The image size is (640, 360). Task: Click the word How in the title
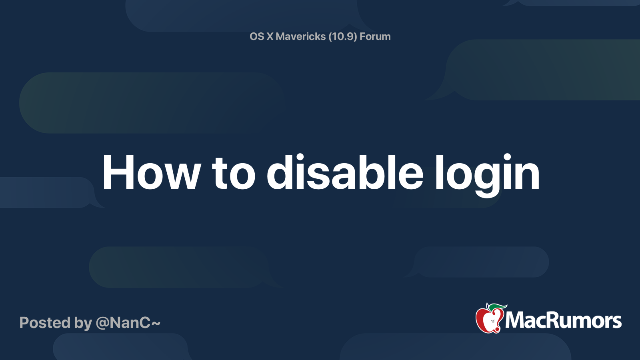pyautogui.click(x=151, y=173)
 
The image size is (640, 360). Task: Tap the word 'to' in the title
pyautogui.click(x=234, y=173)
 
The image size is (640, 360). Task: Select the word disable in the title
pyautogui.click(x=345, y=173)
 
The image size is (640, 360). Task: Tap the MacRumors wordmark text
pyautogui.click(x=563, y=320)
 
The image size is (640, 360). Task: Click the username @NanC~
pyautogui.click(x=128, y=322)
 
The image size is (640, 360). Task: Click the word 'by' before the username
pyautogui.click(x=83, y=323)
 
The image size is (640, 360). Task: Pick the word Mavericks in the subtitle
pyautogui.click(x=300, y=36)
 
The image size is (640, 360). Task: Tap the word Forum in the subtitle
pyautogui.click(x=375, y=36)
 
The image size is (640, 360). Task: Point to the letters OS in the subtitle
pyautogui.click(x=257, y=36)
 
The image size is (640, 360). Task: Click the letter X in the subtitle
pyautogui.click(x=270, y=36)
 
